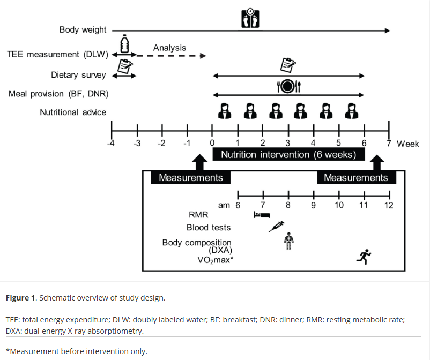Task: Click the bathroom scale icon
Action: point(250,18)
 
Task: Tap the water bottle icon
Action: point(124,44)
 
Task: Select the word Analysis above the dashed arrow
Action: point(169,48)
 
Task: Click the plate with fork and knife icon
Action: point(289,86)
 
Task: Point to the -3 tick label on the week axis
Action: point(137,143)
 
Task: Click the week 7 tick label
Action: point(389,143)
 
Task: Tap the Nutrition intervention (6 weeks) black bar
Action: point(288,154)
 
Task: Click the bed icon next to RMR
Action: point(262,215)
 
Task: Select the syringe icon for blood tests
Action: point(277,227)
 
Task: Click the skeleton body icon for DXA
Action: point(288,241)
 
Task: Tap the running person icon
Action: point(364,257)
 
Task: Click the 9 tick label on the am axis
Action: point(314,205)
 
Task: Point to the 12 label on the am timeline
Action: point(389,205)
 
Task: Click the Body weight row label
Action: point(83,29)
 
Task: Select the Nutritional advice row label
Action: point(73,112)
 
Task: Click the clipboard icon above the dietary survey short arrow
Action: point(125,66)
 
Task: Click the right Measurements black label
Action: point(356,177)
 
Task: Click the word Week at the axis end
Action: point(408,144)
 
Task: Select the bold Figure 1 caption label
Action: point(20,298)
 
